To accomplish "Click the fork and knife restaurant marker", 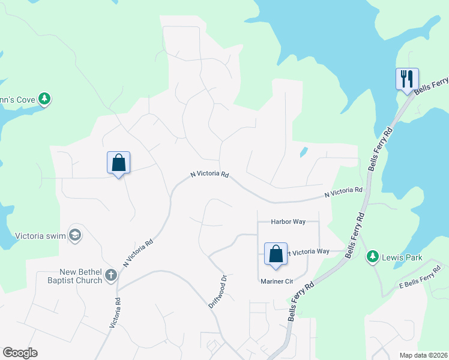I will click(407, 79).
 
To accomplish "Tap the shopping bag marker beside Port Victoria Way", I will click(276, 254).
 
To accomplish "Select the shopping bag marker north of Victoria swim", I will click(118, 163).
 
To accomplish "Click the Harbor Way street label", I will click(288, 221).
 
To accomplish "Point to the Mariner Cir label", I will click(276, 281).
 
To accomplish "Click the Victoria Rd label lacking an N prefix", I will click(116, 313).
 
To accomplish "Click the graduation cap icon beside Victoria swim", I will click(74, 235).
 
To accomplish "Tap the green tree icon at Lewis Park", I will click(373, 257).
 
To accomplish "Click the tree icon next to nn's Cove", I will click(44, 98).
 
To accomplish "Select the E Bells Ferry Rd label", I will click(420, 281).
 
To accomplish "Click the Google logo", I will click(20, 353).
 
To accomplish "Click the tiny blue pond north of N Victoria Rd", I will click(304, 152).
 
